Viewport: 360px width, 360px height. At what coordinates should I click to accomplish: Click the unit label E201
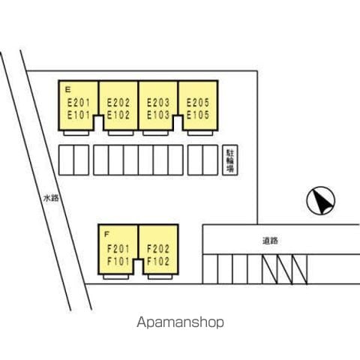pyautogui.click(x=79, y=103)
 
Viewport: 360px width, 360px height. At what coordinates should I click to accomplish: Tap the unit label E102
pyautogui.click(x=118, y=115)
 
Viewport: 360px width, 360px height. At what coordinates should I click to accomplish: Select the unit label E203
pyautogui.click(x=158, y=103)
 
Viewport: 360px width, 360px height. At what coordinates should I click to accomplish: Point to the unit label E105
pyautogui.click(x=198, y=115)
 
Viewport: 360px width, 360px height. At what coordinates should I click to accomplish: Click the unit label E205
pyautogui.click(x=198, y=103)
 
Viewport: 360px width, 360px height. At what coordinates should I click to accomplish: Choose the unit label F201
pyautogui.click(x=118, y=249)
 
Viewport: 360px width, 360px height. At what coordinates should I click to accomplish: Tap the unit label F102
pyautogui.click(x=158, y=261)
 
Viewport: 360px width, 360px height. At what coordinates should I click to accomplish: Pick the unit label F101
pyautogui.click(x=118, y=261)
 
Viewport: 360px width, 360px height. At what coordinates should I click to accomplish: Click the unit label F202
pyautogui.click(x=158, y=249)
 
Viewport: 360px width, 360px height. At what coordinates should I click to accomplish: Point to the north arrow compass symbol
pyautogui.click(x=321, y=200)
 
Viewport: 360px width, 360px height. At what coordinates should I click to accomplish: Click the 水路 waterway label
pyautogui.click(x=51, y=198)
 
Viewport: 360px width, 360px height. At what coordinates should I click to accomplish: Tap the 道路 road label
pyautogui.click(x=270, y=241)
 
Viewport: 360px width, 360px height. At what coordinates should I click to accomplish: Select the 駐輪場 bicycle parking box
pyautogui.click(x=230, y=160)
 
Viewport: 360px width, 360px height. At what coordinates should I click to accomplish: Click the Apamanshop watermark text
pyautogui.click(x=180, y=322)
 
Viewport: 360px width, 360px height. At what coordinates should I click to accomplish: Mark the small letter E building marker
pyautogui.click(x=67, y=89)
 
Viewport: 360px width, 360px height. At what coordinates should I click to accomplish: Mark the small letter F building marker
pyautogui.click(x=106, y=234)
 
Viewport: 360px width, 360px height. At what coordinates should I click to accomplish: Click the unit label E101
pyautogui.click(x=79, y=115)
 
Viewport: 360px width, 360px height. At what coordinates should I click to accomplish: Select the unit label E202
pyautogui.click(x=118, y=103)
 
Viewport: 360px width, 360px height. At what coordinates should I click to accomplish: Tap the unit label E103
pyautogui.click(x=158, y=115)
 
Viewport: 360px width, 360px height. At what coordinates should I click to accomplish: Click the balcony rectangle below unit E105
pyautogui.click(x=200, y=133)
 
